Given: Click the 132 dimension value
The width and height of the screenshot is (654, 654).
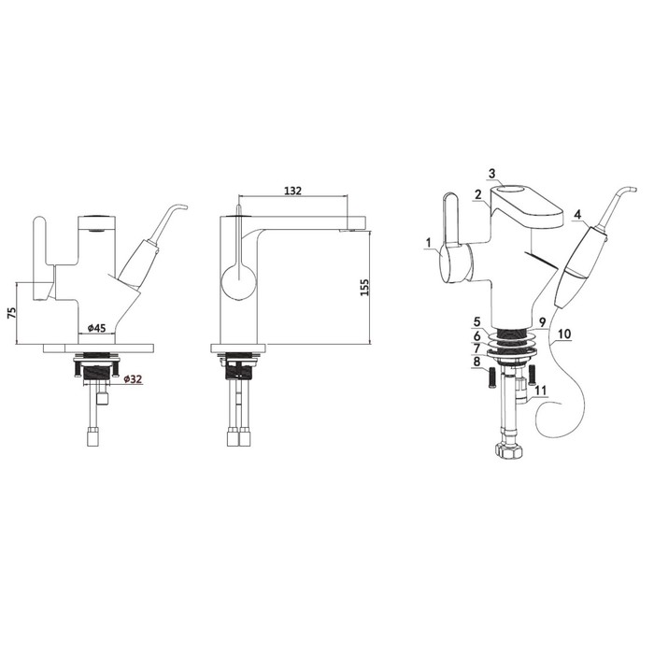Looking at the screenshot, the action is tap(292, 191).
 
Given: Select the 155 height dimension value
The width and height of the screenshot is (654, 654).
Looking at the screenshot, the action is tap(364, 288).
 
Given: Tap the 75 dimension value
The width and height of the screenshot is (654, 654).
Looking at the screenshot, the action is tap(11, 313).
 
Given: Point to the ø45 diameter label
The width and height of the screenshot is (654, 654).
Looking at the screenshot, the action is tap(96, 328).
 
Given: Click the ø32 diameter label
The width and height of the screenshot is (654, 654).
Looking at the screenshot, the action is tap(133, 378).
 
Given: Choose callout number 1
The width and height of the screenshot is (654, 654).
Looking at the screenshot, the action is tap(428, 242).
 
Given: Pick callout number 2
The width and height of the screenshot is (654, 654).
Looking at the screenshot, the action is tap(478, 194).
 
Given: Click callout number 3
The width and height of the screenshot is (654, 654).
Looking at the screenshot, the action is tap(491, 173).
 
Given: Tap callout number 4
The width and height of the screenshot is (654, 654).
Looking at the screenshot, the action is tap(577, 214).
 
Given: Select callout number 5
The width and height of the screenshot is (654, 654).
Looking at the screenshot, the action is tap(476, 321).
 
